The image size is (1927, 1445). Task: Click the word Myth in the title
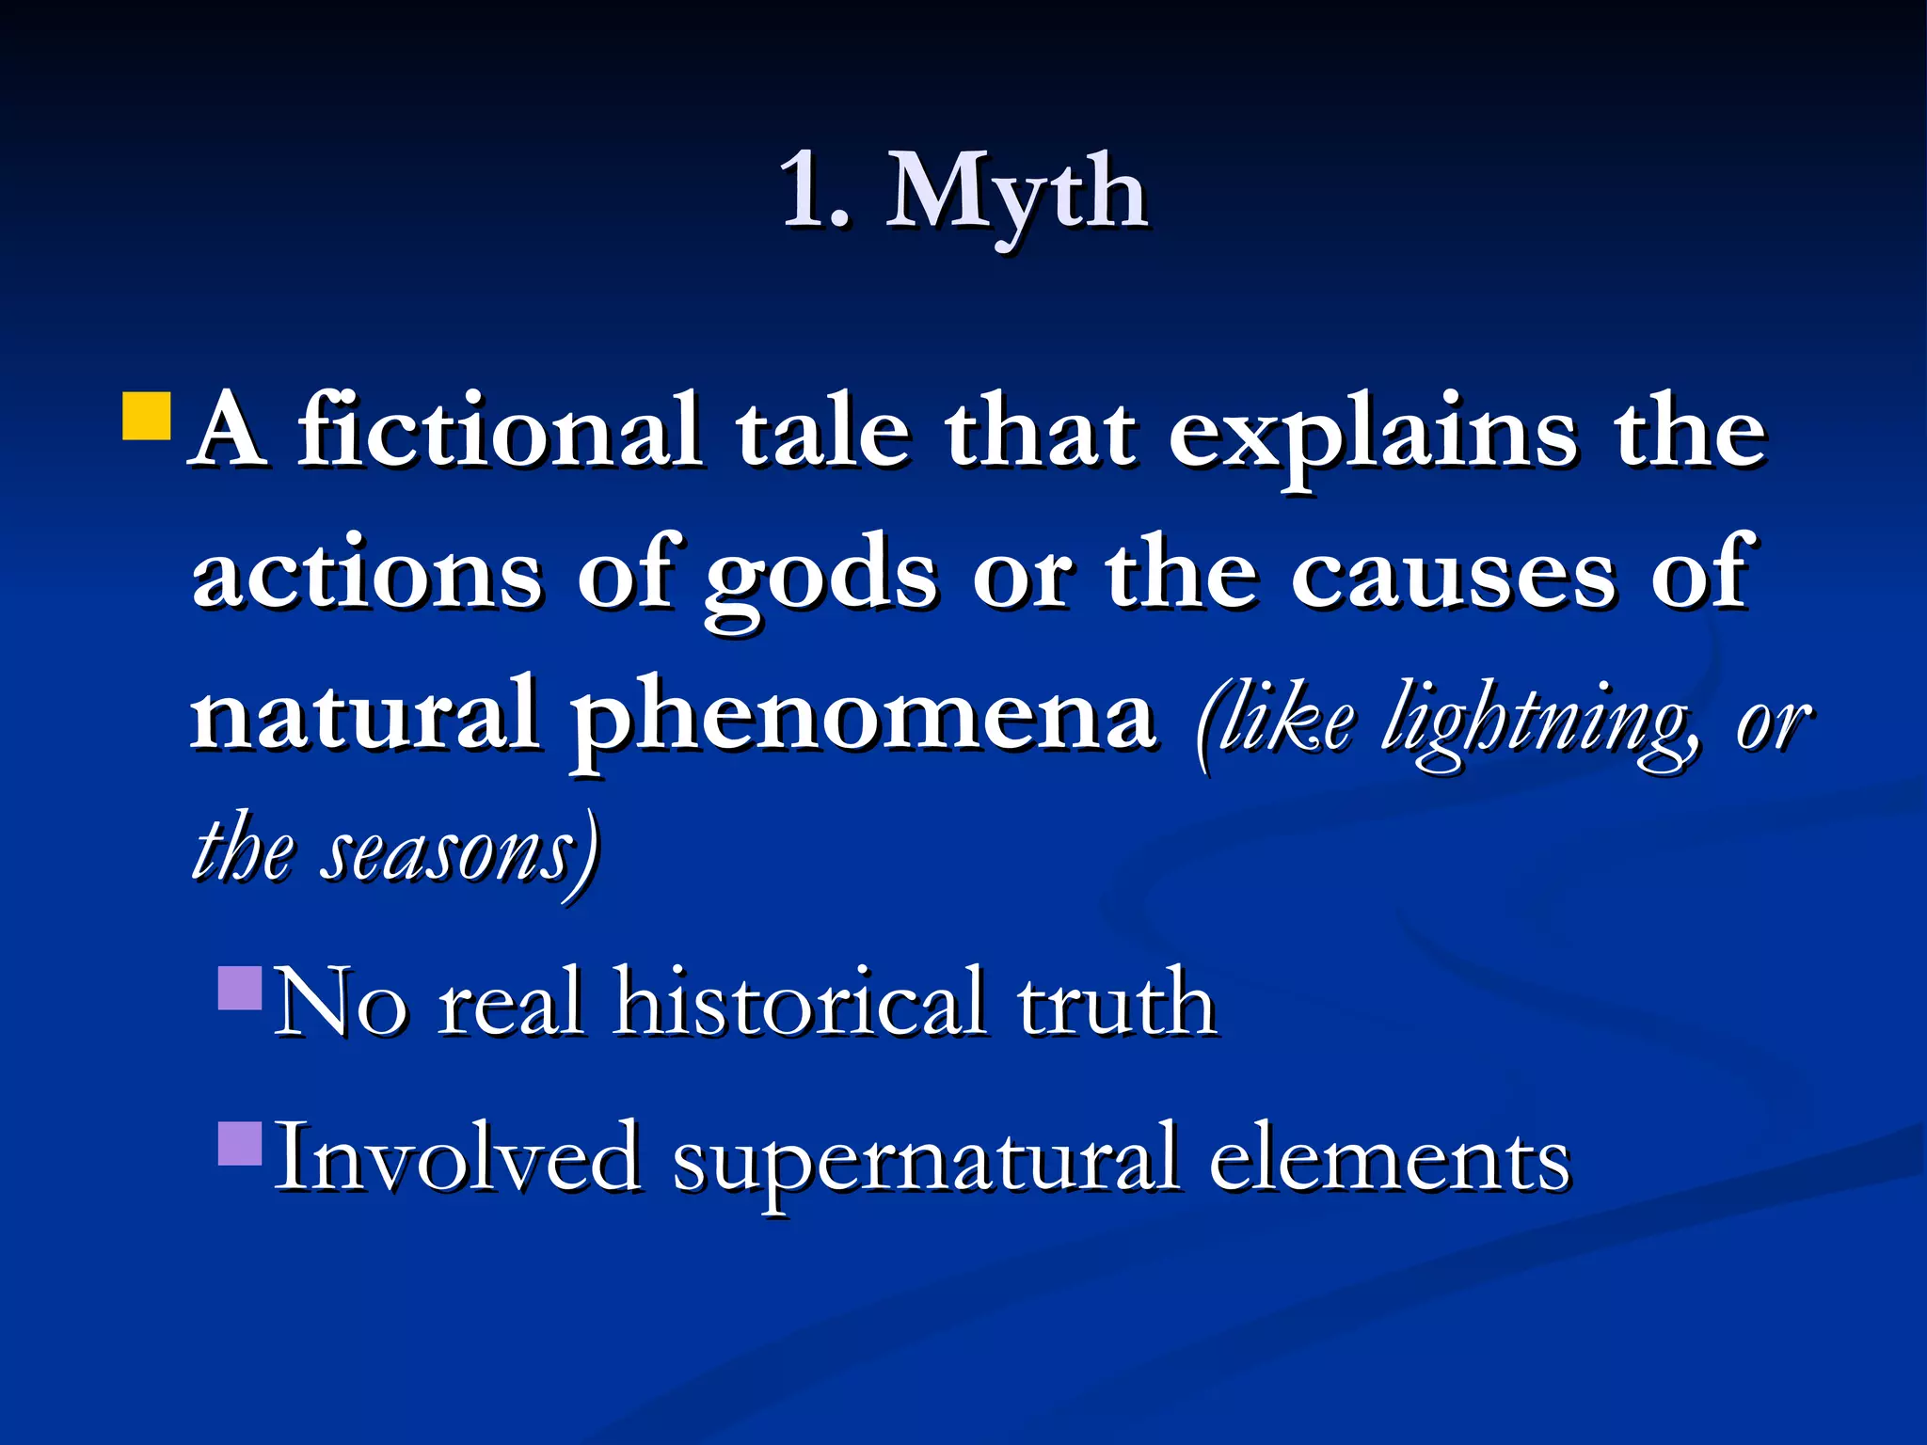click(1016, 193)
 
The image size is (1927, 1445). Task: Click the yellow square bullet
click(147, 417)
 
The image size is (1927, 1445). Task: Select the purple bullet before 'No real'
click(240, 989)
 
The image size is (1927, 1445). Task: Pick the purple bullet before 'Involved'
click(240, 1143)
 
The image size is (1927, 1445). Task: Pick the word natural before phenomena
click(365, 715)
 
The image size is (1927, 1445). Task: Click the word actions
click(368, 574)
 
